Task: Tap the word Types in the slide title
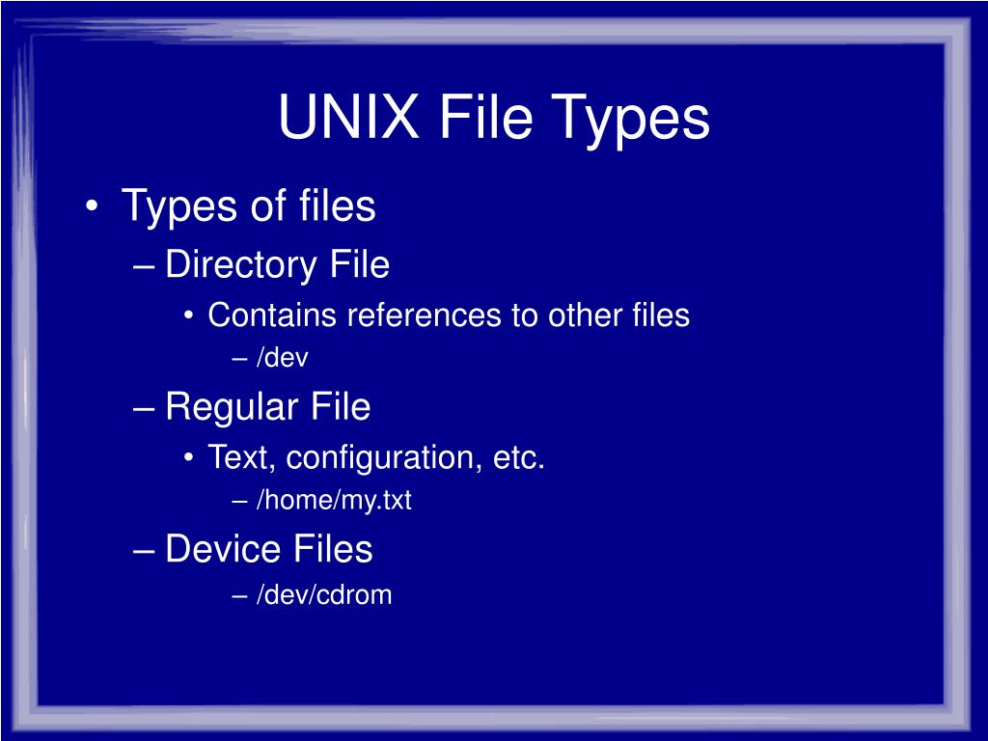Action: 632,120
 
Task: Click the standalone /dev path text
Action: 282,358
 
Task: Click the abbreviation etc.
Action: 519,457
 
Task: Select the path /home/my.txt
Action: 334,501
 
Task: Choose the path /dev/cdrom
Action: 324,594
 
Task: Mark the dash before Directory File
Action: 144,265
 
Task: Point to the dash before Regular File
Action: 144,407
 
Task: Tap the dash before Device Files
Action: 144,550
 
